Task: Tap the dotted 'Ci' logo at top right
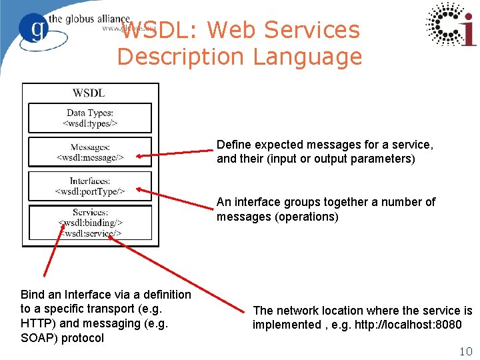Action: [x=451, y=24]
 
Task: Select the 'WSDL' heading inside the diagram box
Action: [x=89, y=93]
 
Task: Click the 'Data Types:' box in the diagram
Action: [x=90, y=118]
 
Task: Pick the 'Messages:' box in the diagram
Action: [x=90, y=152]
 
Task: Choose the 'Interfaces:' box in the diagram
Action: [x=90, y=186]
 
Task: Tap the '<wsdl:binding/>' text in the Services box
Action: [x=90, y=223]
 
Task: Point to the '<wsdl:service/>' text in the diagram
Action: [x=91, y=233]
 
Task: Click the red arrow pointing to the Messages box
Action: [x=175, y=154]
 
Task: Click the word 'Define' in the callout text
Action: [x=233, y=145]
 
